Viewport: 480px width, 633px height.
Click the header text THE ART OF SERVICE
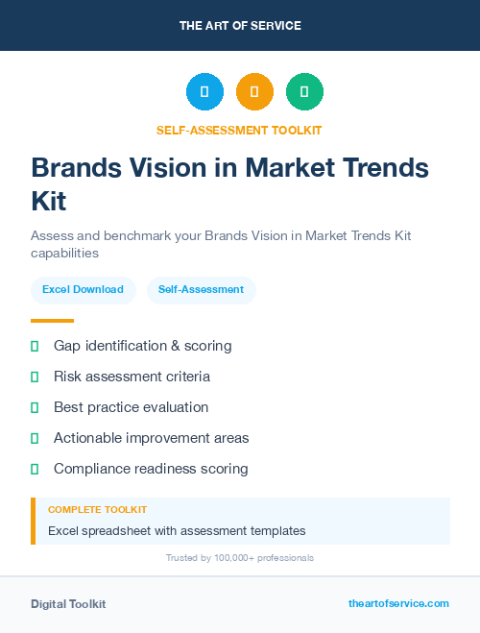tap(240, 26)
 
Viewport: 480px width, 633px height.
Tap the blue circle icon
tap(204, 92)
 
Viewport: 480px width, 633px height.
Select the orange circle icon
tap(254, 92)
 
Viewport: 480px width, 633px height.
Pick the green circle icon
tap(304, 92)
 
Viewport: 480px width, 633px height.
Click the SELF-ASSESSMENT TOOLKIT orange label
tap(240, 130)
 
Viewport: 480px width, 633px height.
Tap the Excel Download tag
tap(83, 289)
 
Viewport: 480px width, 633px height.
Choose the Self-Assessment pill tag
tap(201, 289)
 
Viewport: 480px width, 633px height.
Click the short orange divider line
tap(52, 321)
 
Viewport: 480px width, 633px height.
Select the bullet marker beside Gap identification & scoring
tap(35, 346)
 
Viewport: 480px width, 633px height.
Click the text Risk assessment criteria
tap(132, 377)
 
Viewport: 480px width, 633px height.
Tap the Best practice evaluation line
tap(131, 407)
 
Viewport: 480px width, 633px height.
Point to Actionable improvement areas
tap(151, 438)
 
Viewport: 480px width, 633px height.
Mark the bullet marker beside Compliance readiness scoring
tap(35, 469)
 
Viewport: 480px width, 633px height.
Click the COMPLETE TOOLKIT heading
tap(97, 510)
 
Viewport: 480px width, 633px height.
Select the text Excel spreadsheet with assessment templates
tap(177, 530)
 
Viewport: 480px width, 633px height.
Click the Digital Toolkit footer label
tap(68, 604)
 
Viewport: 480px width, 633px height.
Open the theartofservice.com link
tap(398, 603)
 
